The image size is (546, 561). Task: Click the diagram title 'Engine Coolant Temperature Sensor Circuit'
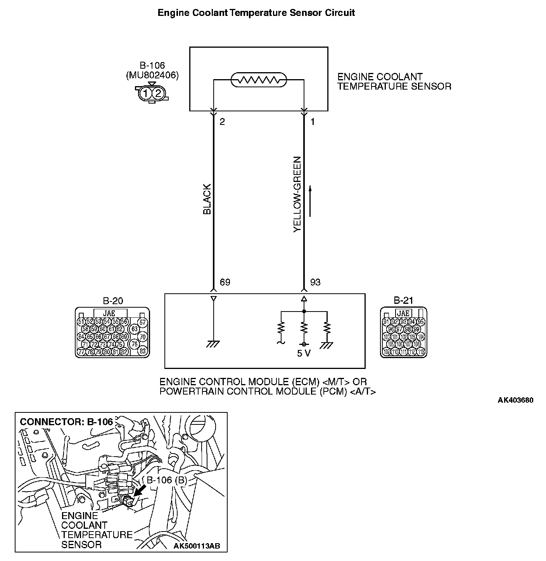click(x=256, y=13)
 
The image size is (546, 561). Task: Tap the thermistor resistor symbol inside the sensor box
click(x=259, y=80)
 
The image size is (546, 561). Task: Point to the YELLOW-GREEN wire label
click(x=297, y=194)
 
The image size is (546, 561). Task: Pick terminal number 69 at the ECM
click(x=225, y=282)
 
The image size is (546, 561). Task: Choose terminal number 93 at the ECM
click(x=315, y=282)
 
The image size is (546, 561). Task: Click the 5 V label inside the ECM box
click(x=304, y=353)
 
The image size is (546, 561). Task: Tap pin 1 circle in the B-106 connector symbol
click(x=145, y=93)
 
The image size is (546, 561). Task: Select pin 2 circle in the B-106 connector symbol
click(x=158, y=93)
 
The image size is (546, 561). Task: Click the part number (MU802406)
click(x=152, y=76)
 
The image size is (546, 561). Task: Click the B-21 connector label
click(x=403, y=300)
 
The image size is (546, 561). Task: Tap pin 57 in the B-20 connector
click(x=143, y=322)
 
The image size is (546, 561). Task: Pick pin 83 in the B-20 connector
click(x=143, y=351)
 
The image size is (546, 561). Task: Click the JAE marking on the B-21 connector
click(x=403, y=313)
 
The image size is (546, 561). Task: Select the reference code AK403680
click(x=515, y=400)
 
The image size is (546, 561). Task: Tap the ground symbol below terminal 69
click(x=213, y=343)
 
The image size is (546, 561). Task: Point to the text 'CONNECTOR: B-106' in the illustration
click(x=66, y=422)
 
